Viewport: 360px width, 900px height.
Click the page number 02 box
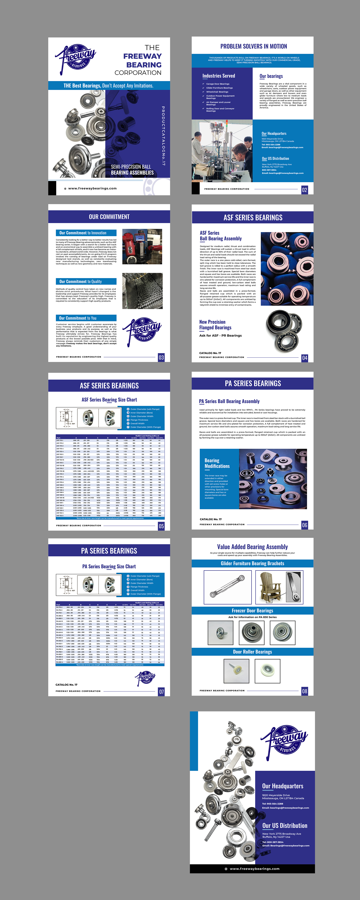pyautogui.click(x=304, y=190)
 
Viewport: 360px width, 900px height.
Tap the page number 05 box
pyautogui.click(x=161, y=526)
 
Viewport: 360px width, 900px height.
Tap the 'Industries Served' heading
pyautogui.click(x=219, y=76)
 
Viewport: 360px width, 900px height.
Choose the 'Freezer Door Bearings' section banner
pyautogui.click(x=252, y=610)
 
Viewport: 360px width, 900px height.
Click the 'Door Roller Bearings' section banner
pyautogui.click(x=252, y=652)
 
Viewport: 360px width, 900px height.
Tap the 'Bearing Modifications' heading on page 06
pyautogui.click(x=217, y=463)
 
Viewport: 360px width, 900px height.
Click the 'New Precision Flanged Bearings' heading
pyautogui.click(x=215, y=325)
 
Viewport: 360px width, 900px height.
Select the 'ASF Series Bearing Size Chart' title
pyautogui.click(x=109, y=400)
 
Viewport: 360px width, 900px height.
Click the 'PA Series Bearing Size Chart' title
pyautogui.click(x=109, y=566)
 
